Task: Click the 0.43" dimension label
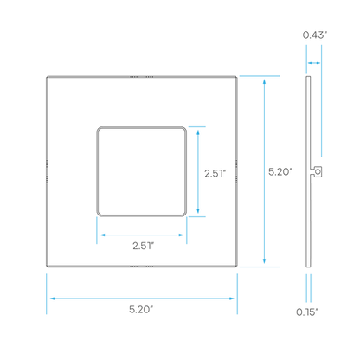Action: pyautogui.click(x=315, y=35)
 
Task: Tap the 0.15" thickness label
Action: pyautogui.click(x=307, y=312)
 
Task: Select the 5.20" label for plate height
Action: pyautogui.click(x=280, y=172)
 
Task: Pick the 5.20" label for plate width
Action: pyautogui.click(x=141, y=310)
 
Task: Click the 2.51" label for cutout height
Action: pyautogui.click(x=215, y=173)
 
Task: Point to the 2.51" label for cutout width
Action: pyautogui.click(x=144, y=246)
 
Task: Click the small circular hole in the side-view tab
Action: pyautogui.click(x=318, y=172)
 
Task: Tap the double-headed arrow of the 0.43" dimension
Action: pyautogui.click(x=314, y=63)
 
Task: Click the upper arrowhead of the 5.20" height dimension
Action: pyautogui.click(x=264, y=81)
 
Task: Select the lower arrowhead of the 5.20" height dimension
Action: pyautogui.click(x=264, y=261)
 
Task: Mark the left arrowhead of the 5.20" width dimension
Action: pyautogui.click(x=53, y=299)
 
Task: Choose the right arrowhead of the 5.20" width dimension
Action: pyautogui.click(x=231, y=299)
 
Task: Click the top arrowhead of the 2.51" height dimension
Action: pyautogui.click(x=198, y=132)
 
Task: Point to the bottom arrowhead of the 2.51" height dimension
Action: pyautogui.click(x=198, y=210)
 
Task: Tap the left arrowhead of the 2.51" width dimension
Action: pyautogui.click(x=103, y=235)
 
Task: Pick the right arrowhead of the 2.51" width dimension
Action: pyautogui.click(x=181, y=235)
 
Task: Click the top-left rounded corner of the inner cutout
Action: pyautogui.click(x=99, y=128)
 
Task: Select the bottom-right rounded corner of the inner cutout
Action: pyautogui.click(x=185, y=215)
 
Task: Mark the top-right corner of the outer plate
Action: pyautogui.click(x=236, y=77)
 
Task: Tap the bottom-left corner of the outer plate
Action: pyautogui.click(x=47, y=267)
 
